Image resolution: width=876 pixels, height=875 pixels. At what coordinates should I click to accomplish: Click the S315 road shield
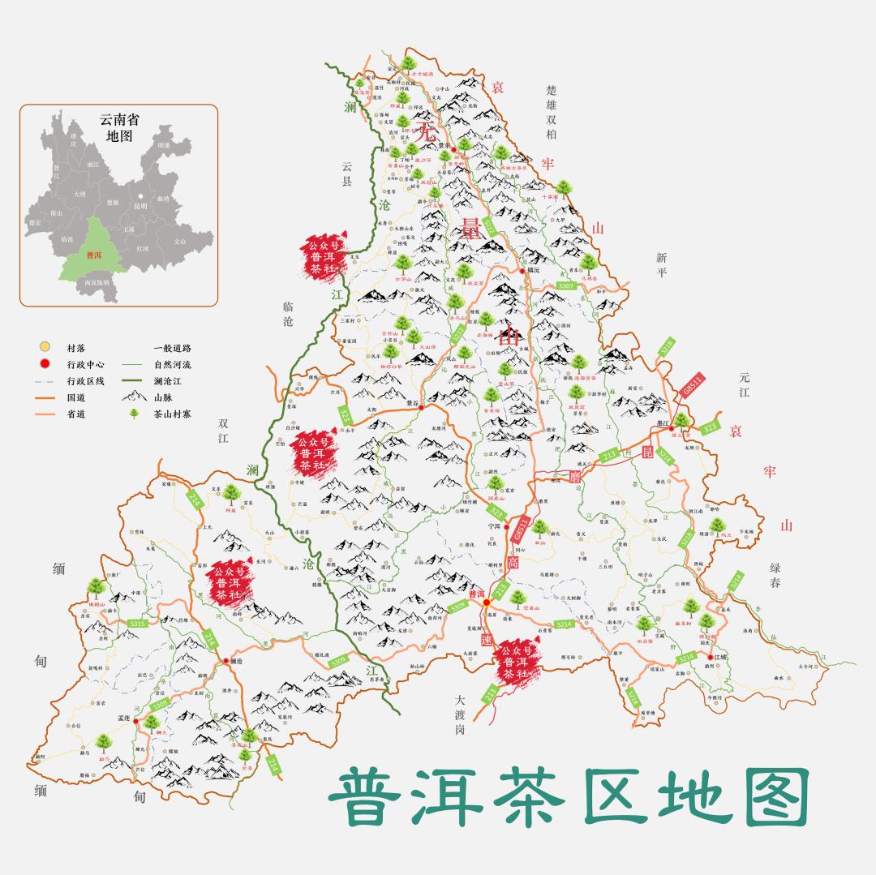tap(137, 624)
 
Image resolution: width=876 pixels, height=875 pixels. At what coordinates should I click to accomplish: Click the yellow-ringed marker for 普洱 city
tap(487, 603)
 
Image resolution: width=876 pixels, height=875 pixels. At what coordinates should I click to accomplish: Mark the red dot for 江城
tap(710, 657)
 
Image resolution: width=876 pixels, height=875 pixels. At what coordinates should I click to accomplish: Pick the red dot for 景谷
tap(422, 407)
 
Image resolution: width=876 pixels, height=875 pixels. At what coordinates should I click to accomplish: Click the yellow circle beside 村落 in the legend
tap(44, 347)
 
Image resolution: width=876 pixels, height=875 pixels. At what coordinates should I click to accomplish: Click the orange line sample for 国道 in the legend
tap(44, 397)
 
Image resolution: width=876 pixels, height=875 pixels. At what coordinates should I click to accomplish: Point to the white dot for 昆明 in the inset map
tap(140, 195)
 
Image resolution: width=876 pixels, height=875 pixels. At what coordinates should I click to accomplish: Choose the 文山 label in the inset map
tap(180, 241)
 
